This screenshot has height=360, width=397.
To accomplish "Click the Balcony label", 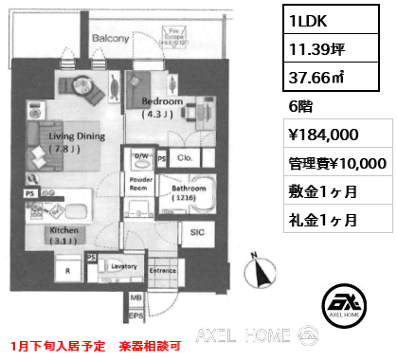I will pyautogui.click(x=111, y=38).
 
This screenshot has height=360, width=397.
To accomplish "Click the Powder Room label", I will pyautogui.click(x=141, y=182).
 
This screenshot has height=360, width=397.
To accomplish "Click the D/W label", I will pyautogui.click(x=141, y=155).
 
